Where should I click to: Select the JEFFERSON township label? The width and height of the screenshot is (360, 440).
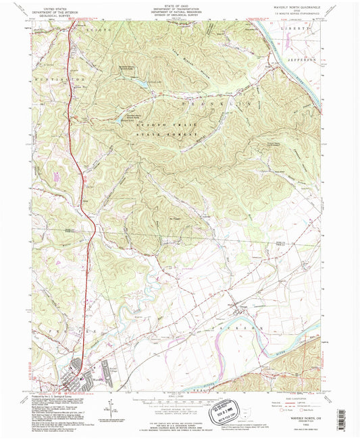pos(303,59)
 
